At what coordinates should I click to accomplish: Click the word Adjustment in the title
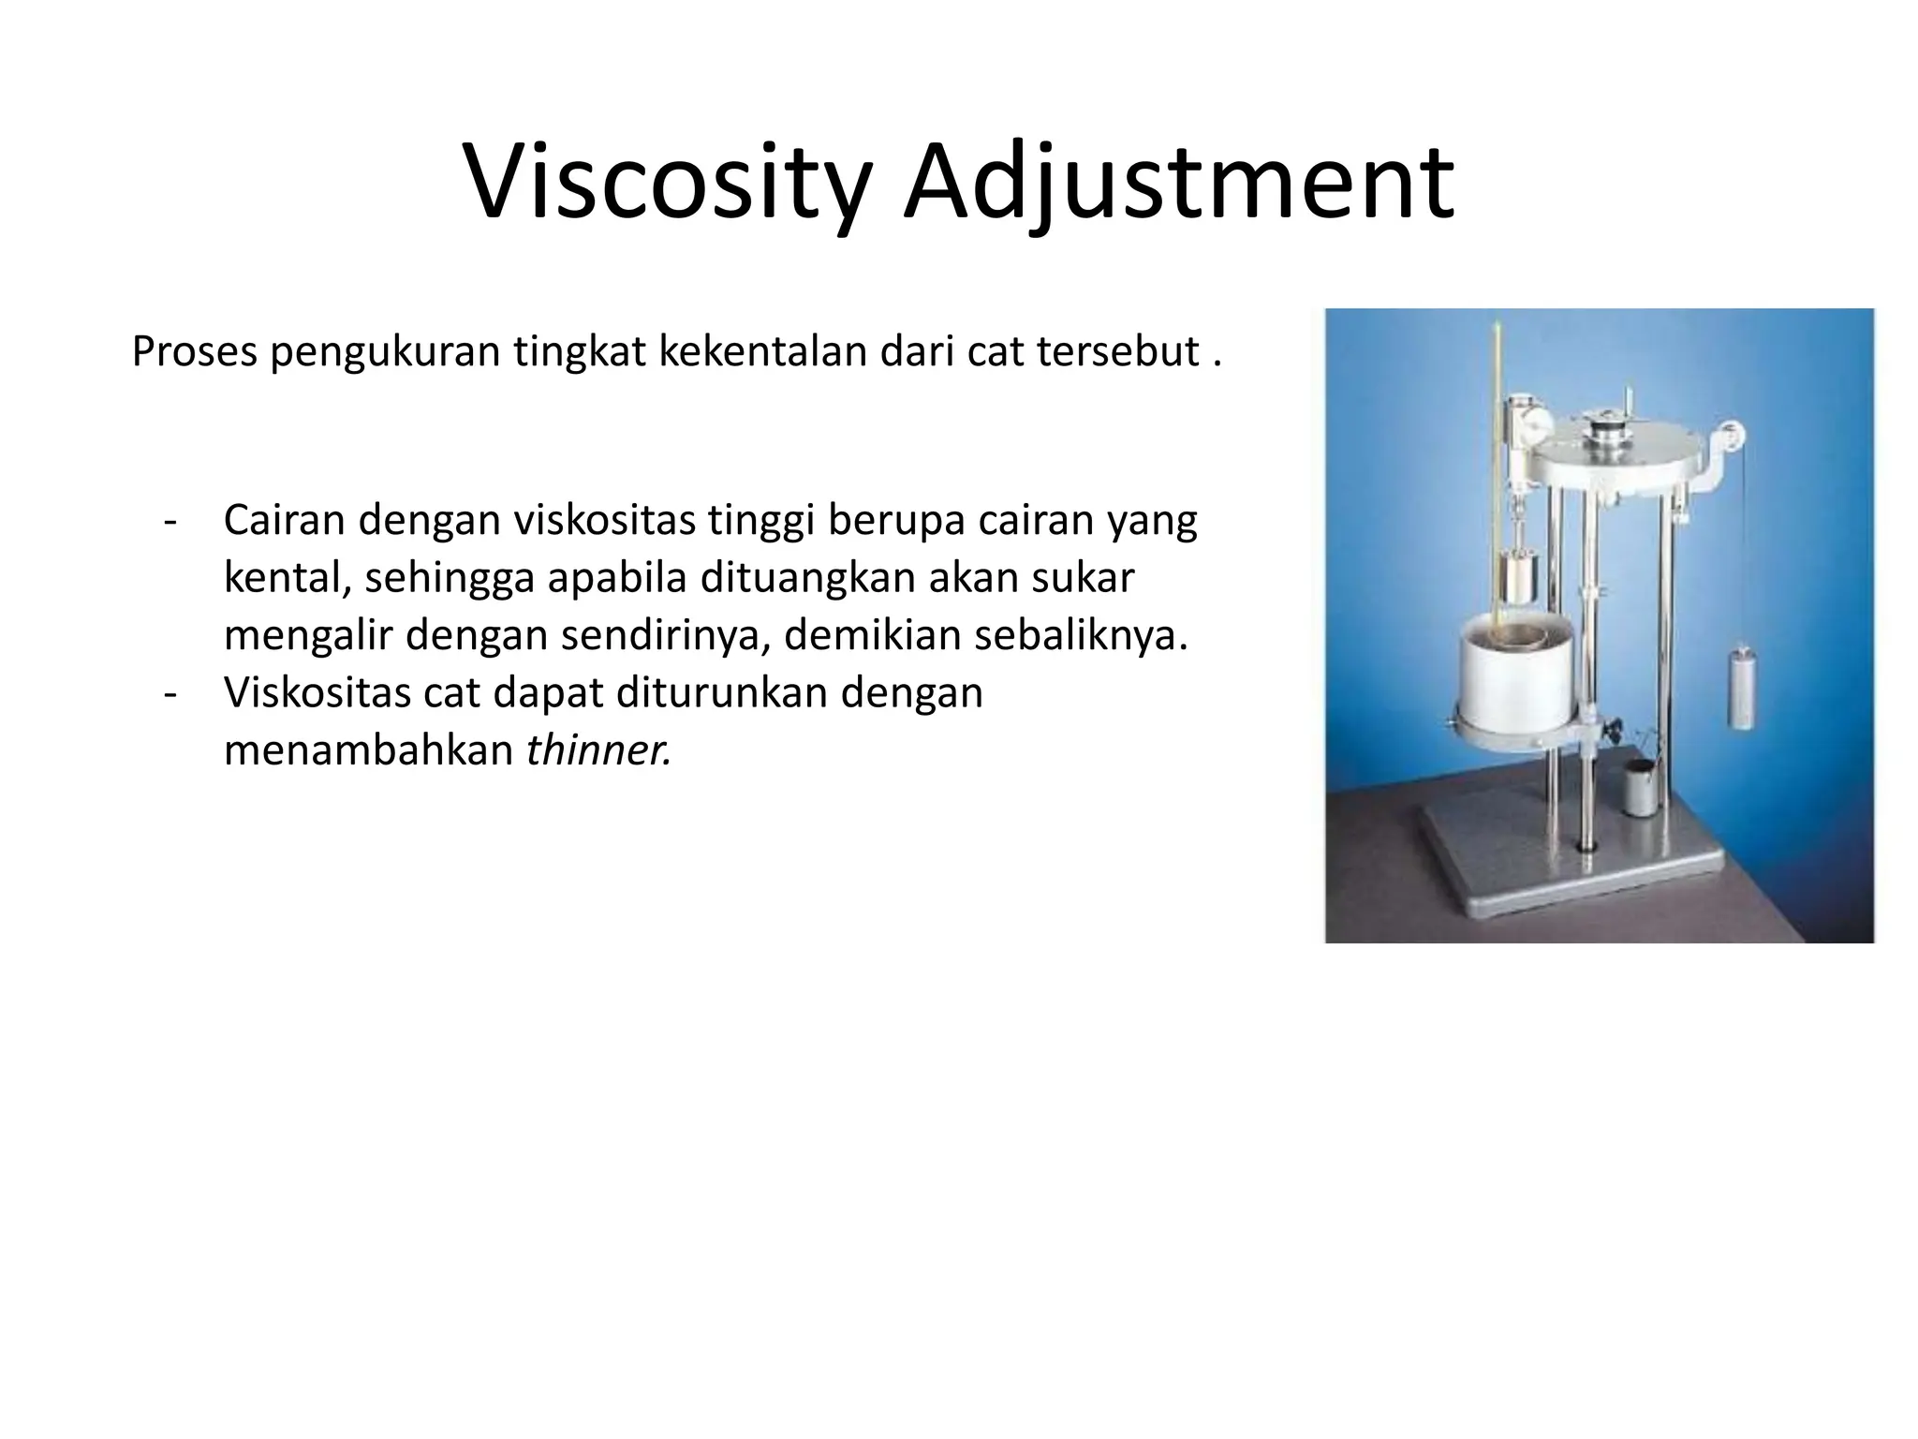click(1178, 185)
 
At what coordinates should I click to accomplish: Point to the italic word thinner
click(598, 750)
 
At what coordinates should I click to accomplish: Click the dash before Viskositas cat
click(170, 694)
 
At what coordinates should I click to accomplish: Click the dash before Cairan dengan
click(170, 522)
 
